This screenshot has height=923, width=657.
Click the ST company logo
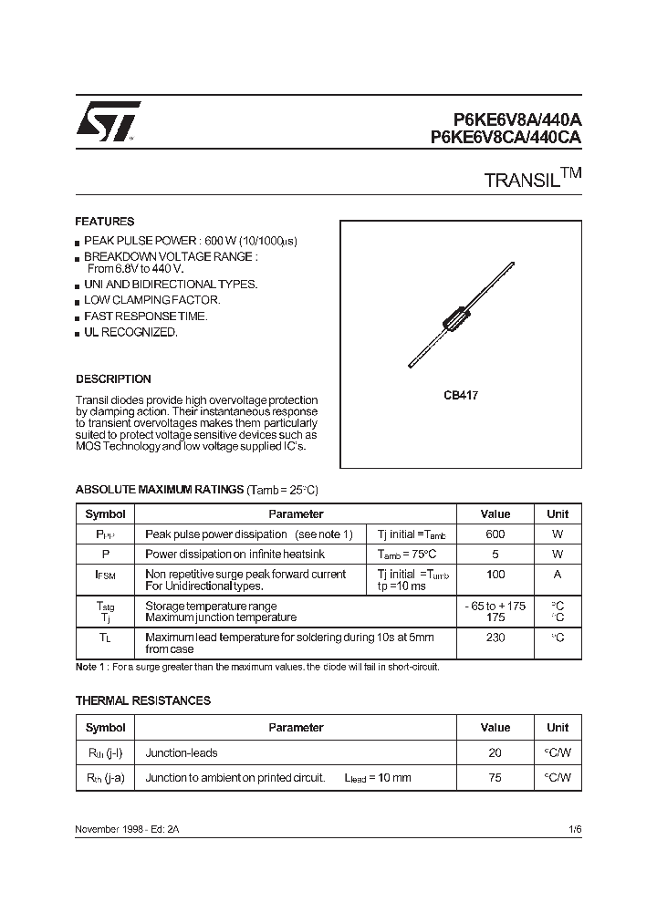[x=108, y=121]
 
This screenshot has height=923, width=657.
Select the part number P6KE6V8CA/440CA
[x=506, y=138]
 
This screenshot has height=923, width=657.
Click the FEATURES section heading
[x=104, y=222]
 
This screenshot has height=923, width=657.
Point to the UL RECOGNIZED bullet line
[x=130, y=333]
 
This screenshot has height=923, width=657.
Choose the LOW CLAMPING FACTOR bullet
[x=151, y=300]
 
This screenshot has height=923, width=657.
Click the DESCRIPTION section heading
[x=113, y=379]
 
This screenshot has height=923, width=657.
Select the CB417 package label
[x=461, y=396]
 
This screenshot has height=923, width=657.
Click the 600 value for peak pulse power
[x=495, y=534]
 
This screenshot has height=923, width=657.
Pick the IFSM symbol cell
[x=105, y=576]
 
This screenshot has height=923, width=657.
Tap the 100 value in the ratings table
[x=495, y=575]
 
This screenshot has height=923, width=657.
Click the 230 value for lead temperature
[x=495, y=638]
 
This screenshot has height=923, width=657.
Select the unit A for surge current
[x=557, y=575]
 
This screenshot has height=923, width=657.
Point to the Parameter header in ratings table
[x=296, y=514]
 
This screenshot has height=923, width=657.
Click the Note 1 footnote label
[x=91, y=667]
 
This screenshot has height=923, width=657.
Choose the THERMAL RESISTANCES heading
[x=142, y=700]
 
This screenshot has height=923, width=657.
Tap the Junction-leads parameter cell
[x=182, y=752]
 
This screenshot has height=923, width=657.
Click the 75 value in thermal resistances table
[x=495, y=777]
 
